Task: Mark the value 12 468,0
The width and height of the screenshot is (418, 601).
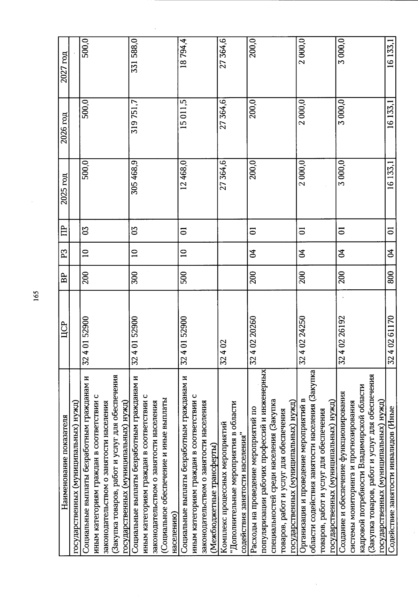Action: pyautogui.click(x=184, y=175)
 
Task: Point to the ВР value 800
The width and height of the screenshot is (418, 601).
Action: pyautogui.click(x=391, y=277)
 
